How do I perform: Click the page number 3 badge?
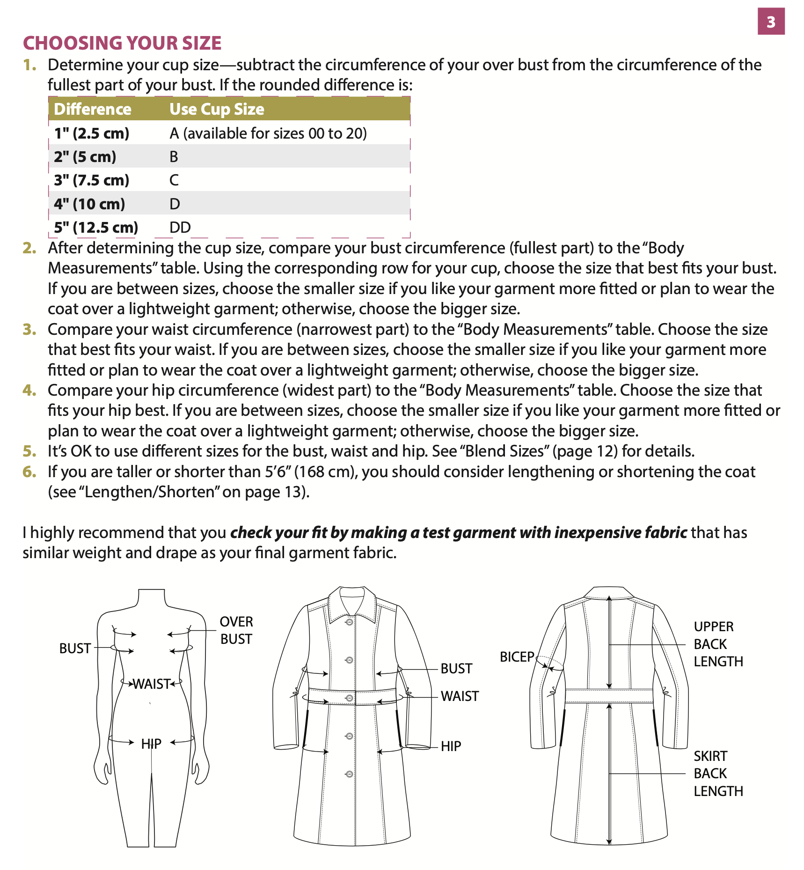click(x=771, y=22)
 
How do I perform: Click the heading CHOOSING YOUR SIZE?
click(x=122, y=43)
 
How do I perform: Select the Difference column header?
click(x=93, y=109)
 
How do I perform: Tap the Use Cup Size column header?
click(x=217, y=109)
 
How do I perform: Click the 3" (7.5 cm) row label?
click(x=92, y=180)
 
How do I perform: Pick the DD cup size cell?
click(x=180, y=228)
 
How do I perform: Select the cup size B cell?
click(x=174, y=157)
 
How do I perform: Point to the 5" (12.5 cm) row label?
click(x=96, y=228)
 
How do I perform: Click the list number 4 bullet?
click(x=29, y=390)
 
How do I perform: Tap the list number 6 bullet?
click(x=29, y=472)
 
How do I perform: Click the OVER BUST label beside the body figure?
click(x=236, y=630)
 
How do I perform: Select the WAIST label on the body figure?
click(x=152, y=684)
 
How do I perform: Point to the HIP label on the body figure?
click(x=151, y=744)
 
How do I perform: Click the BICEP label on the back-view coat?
click(x=517, y=657)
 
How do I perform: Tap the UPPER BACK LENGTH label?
click(x=717, y=644)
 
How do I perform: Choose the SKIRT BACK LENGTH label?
click(x=717, y=774)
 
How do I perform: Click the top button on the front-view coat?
click(x=349, y=622)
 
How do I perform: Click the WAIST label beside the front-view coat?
click(x=460, y=696)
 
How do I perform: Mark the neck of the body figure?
click(x=152, y=598)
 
